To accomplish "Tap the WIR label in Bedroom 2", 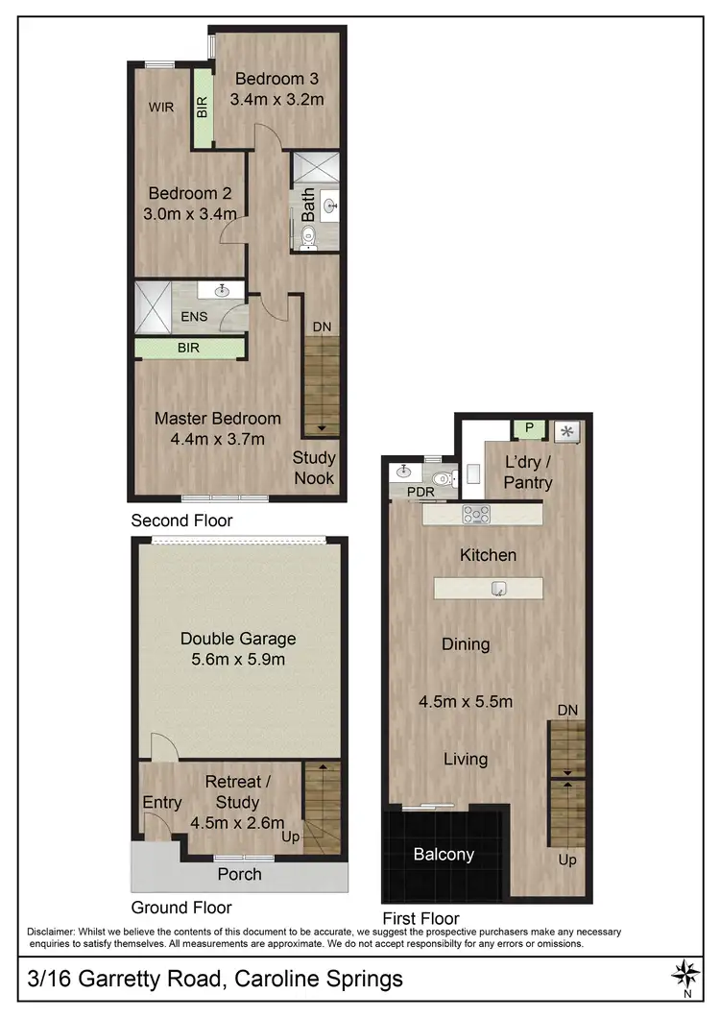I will point(160,108).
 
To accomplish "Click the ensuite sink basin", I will point(224,289).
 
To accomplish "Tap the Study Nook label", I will point(314,467).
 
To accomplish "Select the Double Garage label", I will point(238,639).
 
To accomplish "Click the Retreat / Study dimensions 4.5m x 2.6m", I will point(239,822).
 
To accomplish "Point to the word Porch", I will point(239,874).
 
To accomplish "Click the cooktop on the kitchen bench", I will point(476,515).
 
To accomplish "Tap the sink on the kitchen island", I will point(498,588).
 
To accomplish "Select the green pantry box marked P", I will point(527,428).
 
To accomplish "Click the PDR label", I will point(420,492).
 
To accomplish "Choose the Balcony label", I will point(443,853).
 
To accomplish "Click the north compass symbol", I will point(685,976).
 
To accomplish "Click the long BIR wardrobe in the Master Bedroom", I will point(188,348).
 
